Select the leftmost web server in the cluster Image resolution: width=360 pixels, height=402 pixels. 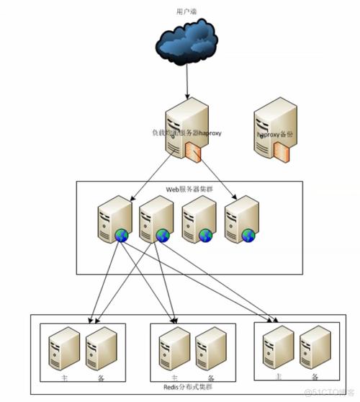(114, 219)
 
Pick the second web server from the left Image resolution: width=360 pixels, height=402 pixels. (156, 219)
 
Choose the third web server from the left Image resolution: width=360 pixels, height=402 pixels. (198, 219)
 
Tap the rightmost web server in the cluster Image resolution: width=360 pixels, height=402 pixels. (240, 219)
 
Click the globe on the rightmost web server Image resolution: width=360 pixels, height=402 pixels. (249, 235)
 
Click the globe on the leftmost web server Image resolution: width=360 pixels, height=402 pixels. (123, 235)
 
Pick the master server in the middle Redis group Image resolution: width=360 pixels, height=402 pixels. (171, 349)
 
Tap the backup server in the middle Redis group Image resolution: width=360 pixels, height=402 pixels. (209, 349)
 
